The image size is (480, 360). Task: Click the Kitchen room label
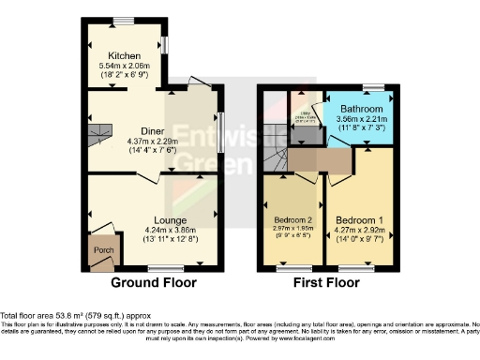pos(125,55)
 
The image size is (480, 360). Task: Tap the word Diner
pos(126,132)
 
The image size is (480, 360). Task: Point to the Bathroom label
pos(360,109)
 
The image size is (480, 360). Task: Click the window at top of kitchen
pos(123,20)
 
